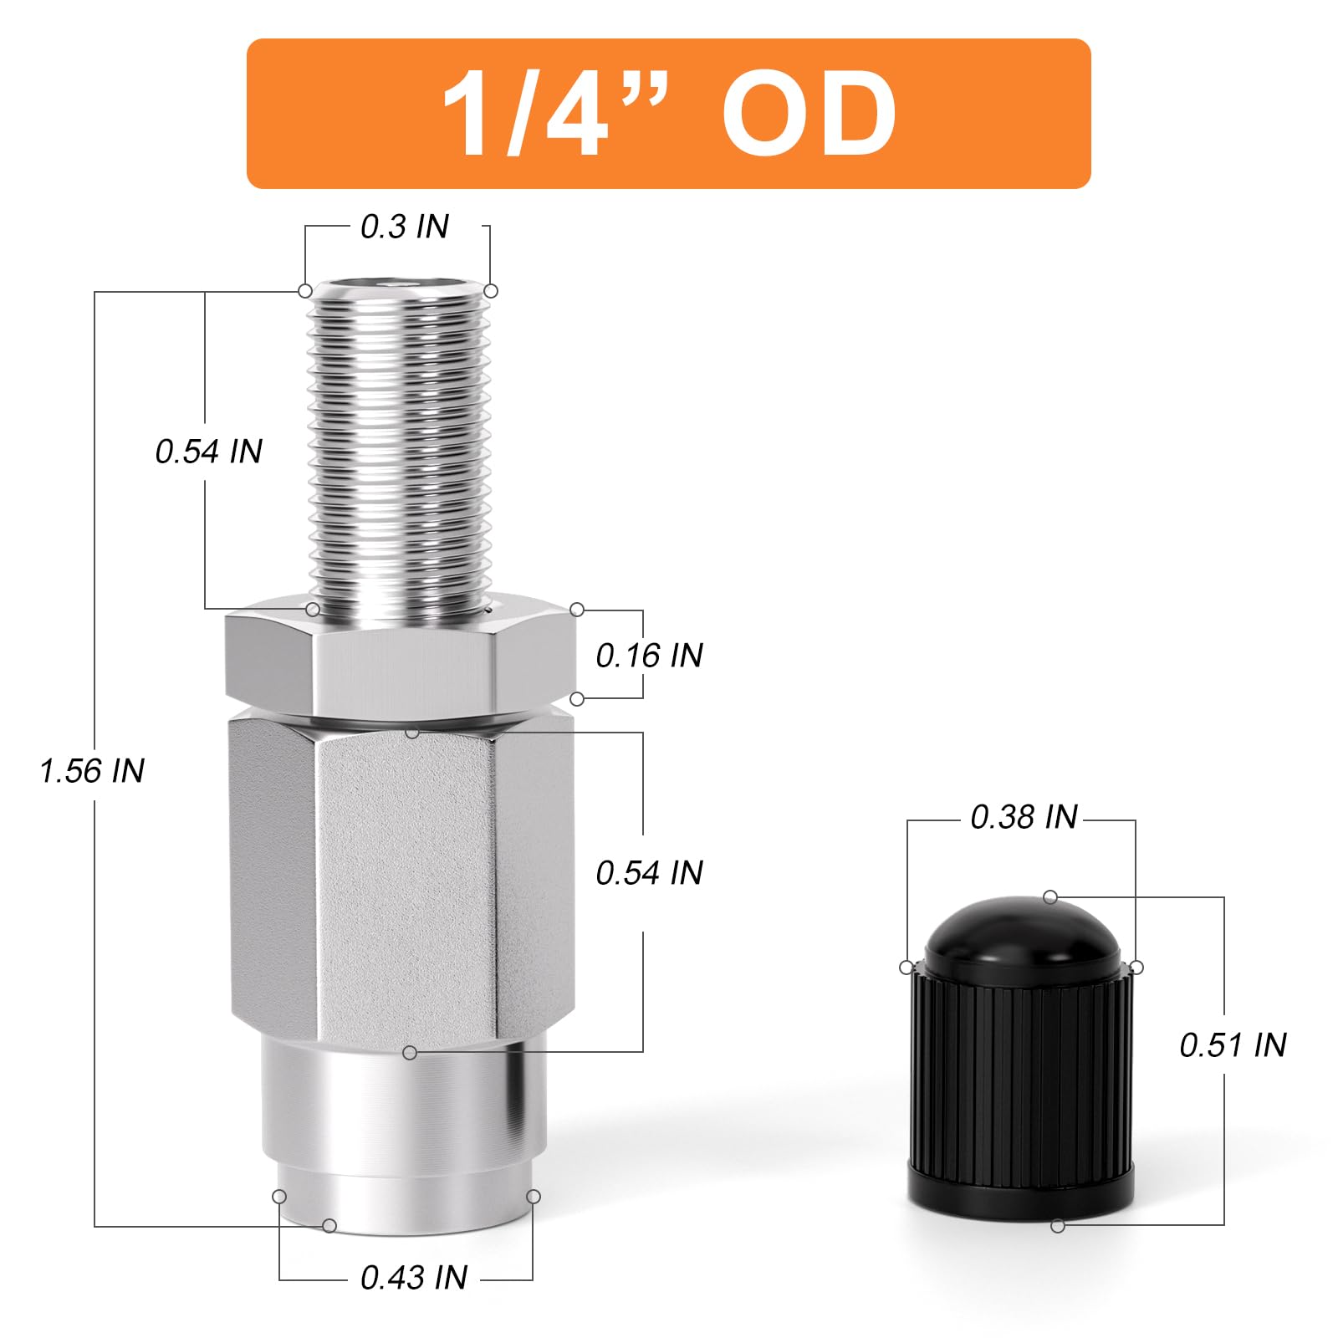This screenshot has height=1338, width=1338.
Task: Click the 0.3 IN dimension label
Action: coord(404,227)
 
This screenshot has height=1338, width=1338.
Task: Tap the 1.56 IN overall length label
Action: coord(92,770)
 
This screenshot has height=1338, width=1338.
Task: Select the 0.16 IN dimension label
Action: coord(649,655)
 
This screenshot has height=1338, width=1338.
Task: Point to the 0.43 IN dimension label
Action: coord(413,1277)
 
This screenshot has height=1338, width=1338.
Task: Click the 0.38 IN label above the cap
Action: coord(1024,817)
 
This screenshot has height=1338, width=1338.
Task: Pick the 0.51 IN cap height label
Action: coord(1233,1044)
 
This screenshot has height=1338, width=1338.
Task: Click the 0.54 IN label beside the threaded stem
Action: coord(209,452)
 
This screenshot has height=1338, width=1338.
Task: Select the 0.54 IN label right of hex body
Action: coord(649,872)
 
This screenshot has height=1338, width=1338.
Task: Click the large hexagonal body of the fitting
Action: coord(401,878)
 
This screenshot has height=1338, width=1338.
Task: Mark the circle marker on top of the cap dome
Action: coord(1050,897)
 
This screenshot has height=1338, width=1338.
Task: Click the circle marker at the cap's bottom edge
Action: coord(1058,1226)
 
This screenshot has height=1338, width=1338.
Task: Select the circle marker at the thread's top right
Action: coord(492,291)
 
